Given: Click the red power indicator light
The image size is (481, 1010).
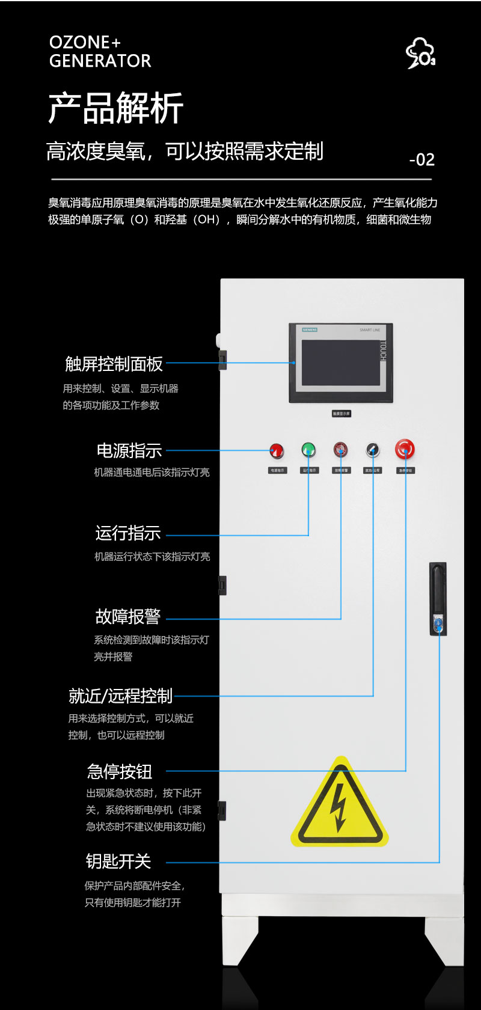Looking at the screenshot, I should click(276, 451).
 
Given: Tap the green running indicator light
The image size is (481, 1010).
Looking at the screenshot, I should click(308, 450).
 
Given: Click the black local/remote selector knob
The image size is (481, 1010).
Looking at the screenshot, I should click(373, 450).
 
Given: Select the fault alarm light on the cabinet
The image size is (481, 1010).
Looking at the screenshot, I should click(341, 450).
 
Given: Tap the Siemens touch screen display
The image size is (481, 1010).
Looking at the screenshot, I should click(341, 363).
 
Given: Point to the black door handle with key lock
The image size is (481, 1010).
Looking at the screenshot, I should click(438, 599).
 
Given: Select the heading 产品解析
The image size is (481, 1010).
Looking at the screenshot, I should click(115, 108).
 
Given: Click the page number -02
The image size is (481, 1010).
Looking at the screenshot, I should click(421, 159).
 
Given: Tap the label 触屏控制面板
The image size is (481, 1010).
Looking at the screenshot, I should click(114, 364).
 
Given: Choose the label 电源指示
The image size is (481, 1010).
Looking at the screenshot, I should click(129, 450).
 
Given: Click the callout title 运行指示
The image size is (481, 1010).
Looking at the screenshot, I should click(127, 533).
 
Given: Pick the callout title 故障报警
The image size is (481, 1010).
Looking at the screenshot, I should click(127, 617).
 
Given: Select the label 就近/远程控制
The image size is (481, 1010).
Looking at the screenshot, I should click(120, 696).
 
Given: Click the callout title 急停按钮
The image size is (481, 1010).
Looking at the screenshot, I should click(119, 771).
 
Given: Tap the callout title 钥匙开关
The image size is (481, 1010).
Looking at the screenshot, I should click(118, 862).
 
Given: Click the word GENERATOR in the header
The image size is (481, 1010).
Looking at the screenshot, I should click(100, 61).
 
